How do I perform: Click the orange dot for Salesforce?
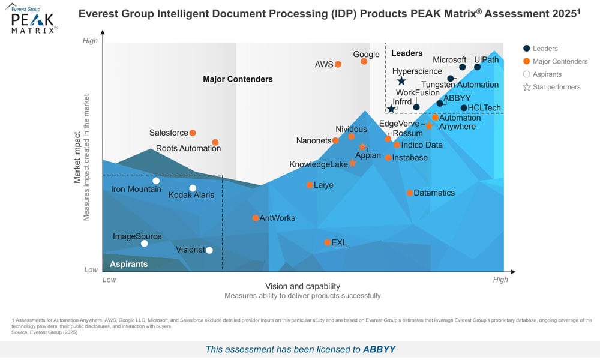(x=193, y=133)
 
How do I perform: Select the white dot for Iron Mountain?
(x=156, y=181)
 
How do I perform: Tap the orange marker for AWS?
(x=338, y=64)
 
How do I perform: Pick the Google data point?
(x=364, y=61)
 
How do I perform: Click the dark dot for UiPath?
(x=478, y=67)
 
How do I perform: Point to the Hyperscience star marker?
(x=401, y=81)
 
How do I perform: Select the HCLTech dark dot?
(x=464, y=108)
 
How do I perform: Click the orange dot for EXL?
(x=327, y=242)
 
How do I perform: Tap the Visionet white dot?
(x=209, y=250)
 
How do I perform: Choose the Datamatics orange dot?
(x=410, y=193)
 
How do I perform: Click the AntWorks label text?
(x=277, y=218)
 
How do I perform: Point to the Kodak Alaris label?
(x=191, y=196)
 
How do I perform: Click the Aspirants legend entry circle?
(x=527, y=74)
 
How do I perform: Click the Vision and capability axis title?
(x=302, y=286)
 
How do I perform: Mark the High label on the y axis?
(x=90, y=41)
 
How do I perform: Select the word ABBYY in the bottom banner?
(x=379, y=349)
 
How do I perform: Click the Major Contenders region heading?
(x=238, y=79)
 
